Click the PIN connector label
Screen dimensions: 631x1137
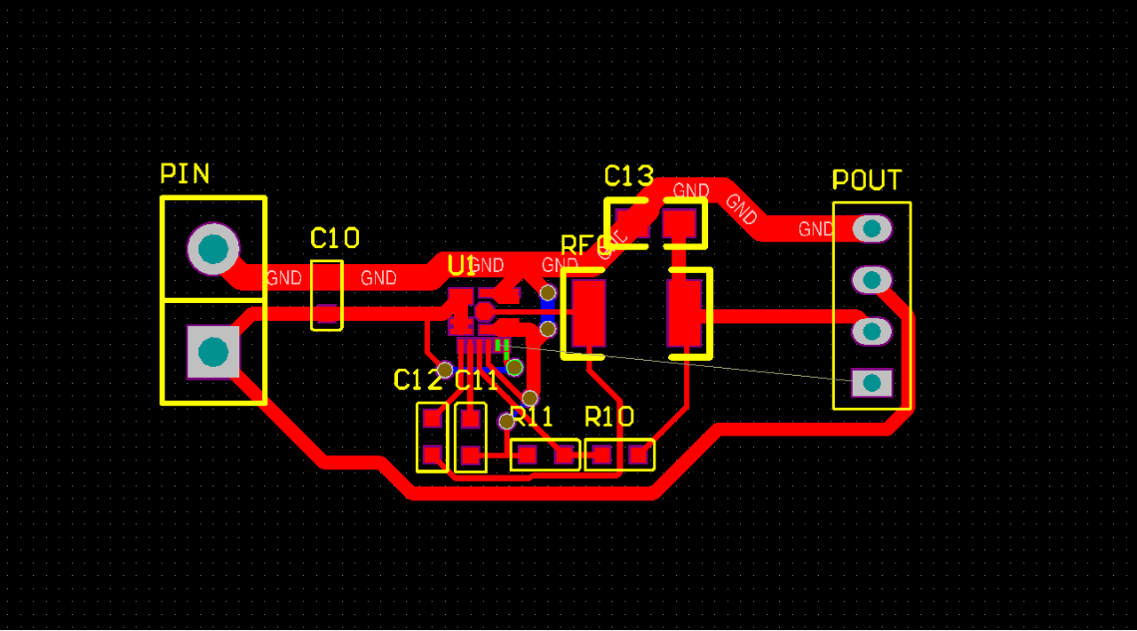(185, 173)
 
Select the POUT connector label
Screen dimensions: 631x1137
(866, 180)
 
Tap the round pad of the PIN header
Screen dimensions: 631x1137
(213, 248)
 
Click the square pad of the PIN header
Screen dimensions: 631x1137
(213, 352)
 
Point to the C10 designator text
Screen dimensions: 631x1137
(335, 238)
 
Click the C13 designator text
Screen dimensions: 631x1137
(629, 176)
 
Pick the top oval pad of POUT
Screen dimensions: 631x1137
(871, 228)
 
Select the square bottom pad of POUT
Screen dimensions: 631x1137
(871, 383)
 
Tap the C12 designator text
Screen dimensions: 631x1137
(417, 380)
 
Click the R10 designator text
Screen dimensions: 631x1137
(609, 417)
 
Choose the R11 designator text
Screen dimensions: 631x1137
(533, 417)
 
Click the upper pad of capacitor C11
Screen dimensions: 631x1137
(470, 418)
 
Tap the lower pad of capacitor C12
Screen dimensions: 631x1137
(433, 455)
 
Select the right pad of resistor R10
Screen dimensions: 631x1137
(639, 455)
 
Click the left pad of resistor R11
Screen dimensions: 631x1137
(527, 455)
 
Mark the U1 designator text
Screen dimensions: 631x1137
(462, 265)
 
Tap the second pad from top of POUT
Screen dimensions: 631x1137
(871, 280)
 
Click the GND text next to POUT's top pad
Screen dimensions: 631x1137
(815, 229)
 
